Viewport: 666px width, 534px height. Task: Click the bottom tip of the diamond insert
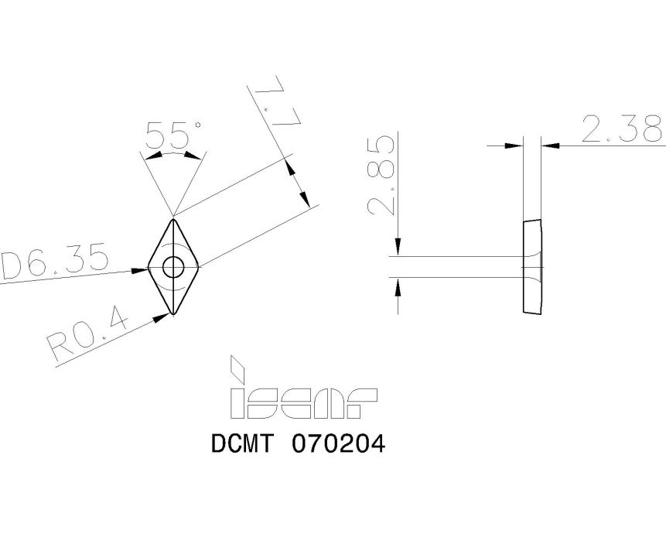click(x=173, y=313)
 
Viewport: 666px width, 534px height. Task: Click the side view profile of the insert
click(x=533, y=267)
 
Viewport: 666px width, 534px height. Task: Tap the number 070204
click(x=338, y=445)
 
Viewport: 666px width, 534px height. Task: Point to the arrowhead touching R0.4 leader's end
click(x=163, y=315)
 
